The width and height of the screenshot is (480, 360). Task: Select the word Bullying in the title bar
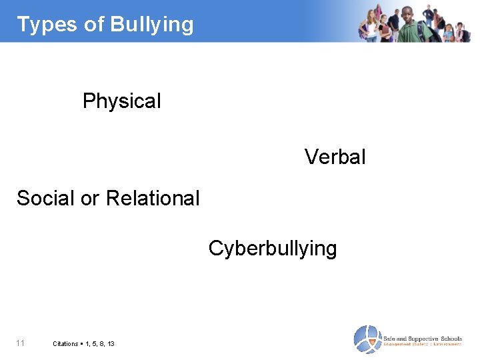(152, 25)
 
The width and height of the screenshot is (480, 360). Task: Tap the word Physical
(122, 101)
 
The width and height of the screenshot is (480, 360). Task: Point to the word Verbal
(335, 157)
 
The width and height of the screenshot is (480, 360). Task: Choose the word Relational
(153, 198)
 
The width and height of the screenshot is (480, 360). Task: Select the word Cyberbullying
(273, 249)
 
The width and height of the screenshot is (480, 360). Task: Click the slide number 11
(21, 343)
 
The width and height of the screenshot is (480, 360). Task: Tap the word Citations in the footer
(66, 344)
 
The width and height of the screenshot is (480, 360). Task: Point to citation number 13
(110, 344)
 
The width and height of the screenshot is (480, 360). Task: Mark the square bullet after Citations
(81, 344)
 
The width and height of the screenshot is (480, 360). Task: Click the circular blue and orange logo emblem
(367, 339)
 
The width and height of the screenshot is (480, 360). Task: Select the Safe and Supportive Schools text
(422, 338)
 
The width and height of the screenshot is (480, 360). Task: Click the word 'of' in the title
(95, 25)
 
